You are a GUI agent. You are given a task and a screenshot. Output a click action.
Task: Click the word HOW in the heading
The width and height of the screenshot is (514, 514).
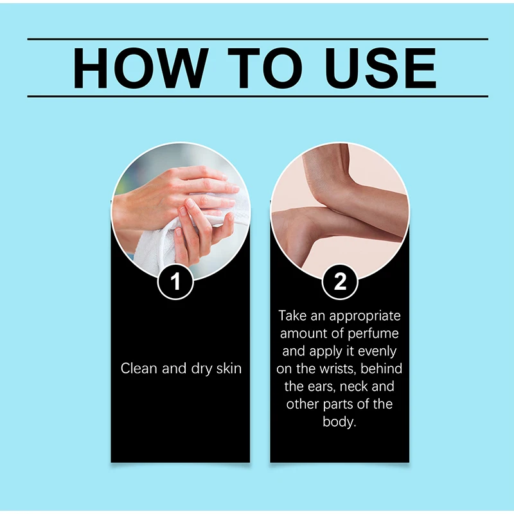point(141,68)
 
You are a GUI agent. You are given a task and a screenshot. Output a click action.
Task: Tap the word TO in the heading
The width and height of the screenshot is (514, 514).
point(265,68)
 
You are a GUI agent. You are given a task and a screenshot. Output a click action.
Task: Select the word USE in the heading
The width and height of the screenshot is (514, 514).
point(380,68)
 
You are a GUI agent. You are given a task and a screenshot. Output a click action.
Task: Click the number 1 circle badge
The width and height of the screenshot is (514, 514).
point(175,281)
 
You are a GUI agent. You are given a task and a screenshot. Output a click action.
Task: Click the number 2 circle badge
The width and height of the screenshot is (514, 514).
point(340,281)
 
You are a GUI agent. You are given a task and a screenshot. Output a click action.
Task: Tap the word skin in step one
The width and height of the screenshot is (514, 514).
point(229,368)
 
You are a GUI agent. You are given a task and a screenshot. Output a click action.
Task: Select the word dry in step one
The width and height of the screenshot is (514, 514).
point(202,369)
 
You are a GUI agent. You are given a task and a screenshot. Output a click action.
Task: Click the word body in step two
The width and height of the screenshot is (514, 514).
point(339,422)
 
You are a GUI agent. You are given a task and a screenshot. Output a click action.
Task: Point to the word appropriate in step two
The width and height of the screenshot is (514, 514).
point(365,317)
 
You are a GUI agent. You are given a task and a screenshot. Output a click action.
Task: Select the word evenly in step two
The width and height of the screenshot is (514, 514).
point(377,351)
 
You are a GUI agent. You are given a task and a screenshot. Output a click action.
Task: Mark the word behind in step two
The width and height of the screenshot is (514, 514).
point(381,368)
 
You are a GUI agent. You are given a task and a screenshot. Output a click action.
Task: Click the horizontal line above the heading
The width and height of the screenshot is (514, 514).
point(258,39)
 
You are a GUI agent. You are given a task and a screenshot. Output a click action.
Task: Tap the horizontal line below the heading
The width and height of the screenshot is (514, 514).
point(258,96)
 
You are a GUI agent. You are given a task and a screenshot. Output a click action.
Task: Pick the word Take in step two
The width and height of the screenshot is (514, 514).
point(293,315)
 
